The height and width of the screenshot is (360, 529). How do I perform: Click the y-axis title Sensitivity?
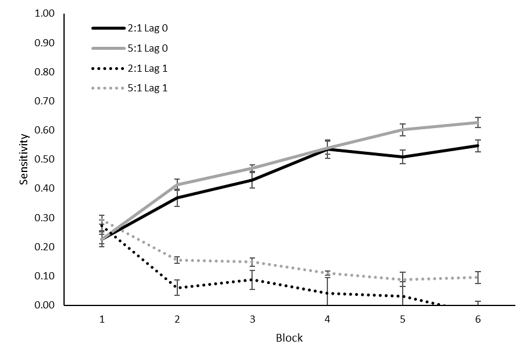coord(24,159)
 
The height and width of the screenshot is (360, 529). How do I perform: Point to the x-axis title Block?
coord(289,338)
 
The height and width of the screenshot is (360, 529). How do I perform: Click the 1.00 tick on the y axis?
coord(45,14)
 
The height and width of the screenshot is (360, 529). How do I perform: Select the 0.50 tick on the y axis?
coord(45,160)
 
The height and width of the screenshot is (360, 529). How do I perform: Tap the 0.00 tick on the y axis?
coord(45,305)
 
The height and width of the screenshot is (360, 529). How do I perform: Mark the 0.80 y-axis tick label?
coord(45,72)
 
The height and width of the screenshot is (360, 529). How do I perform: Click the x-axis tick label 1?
coord(102,320)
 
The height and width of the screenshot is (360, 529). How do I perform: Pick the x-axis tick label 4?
coord(327,320)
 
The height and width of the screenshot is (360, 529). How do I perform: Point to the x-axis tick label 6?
coord(477,320)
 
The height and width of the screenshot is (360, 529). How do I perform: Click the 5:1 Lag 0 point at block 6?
coord(477,122)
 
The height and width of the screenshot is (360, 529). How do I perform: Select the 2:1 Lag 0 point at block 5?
coord(403,157)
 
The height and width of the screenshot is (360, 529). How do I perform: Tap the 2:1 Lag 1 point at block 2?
coord(177,288)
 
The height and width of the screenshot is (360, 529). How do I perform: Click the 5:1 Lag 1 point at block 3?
coord(252,262)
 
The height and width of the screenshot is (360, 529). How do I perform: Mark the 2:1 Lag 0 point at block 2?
coord(177,198)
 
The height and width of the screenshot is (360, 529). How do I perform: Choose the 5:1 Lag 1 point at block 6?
coord(477,278)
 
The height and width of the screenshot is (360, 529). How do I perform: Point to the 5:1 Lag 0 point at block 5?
coord(403,129)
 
